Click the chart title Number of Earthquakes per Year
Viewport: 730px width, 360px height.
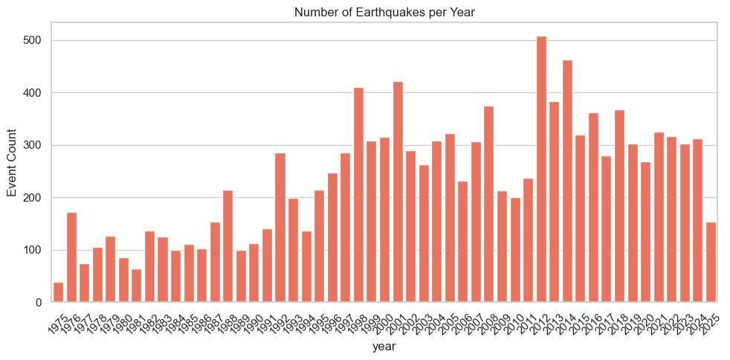(x=384, y=11)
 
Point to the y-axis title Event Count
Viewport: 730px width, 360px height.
(x=12, y=162)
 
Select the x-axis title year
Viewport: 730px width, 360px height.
(x=384, y=347)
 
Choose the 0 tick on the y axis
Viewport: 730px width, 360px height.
(x=39, y=303)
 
